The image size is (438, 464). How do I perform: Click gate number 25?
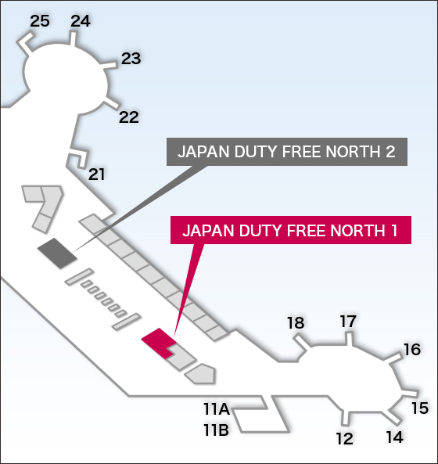pyautogui.click(x=40, y=21)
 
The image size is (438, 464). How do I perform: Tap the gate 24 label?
pyautogui.click(x=81, y=21)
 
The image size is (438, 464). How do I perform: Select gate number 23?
pyautogui.click(x=131, y=59)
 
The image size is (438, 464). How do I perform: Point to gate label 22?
pyautogui.click(x=129, y=117)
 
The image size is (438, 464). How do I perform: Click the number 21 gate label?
pyautogui.click(x=97, y=174)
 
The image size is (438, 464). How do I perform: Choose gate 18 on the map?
pyautogui.click(x=296, y=323)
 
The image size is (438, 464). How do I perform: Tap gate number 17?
pyautogui.click(x=348, y=322)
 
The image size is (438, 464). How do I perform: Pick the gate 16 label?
pyautogui.click(x=412, y=350)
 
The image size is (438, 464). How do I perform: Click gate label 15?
pyautogui.click(x=420, y=408)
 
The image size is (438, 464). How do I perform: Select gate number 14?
pyautogui.click(x=395, y=437)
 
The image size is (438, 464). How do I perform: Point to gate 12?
pyautogui.click(x=345, y=438)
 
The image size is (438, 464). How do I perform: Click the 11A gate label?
pyautogui.click(x=217, y=409)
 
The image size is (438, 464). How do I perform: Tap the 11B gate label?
pyautogui.click(x=216, y=430)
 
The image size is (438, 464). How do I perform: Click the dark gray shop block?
pyautogui.click(x=57, y=254)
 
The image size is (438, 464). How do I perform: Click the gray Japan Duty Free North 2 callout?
pyautogui.click(x=287, y=152)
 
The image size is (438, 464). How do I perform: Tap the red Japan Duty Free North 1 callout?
pyautogui.click(x=291, y=230)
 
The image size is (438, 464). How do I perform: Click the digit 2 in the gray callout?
pyautogui.click(x=390, y=152)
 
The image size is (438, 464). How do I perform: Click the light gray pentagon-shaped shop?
pyautogui.click(x=200, y=374)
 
